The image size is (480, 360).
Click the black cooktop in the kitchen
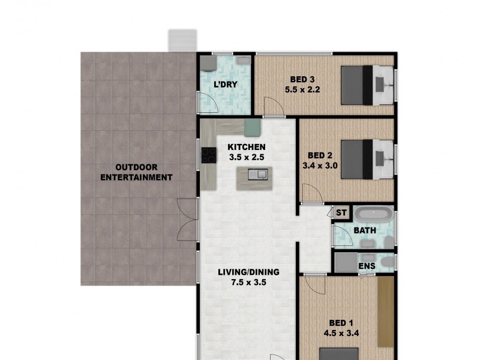click(209, 155)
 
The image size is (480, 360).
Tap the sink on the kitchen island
click(260, 175)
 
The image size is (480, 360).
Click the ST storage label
click(341, 212)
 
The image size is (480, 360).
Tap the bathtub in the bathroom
click(373, 215)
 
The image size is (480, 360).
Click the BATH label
click(364, 230)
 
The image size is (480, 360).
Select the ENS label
click(366, 265)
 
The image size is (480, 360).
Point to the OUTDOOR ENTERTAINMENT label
click(136, 172)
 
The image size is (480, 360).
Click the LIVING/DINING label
click(248, 272)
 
